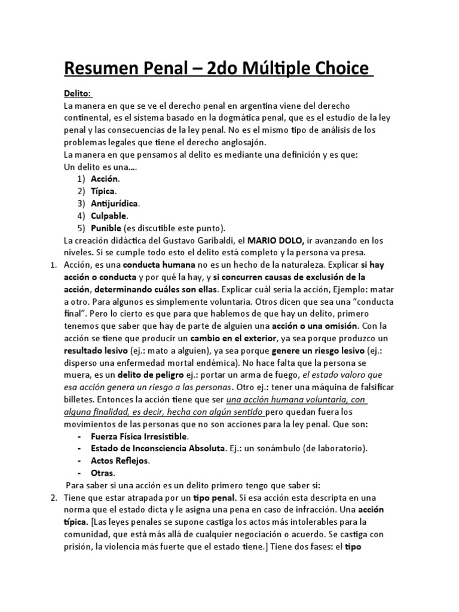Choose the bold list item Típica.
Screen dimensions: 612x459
[x=103, y=191]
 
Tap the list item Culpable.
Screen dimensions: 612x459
[x=109, y=216]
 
